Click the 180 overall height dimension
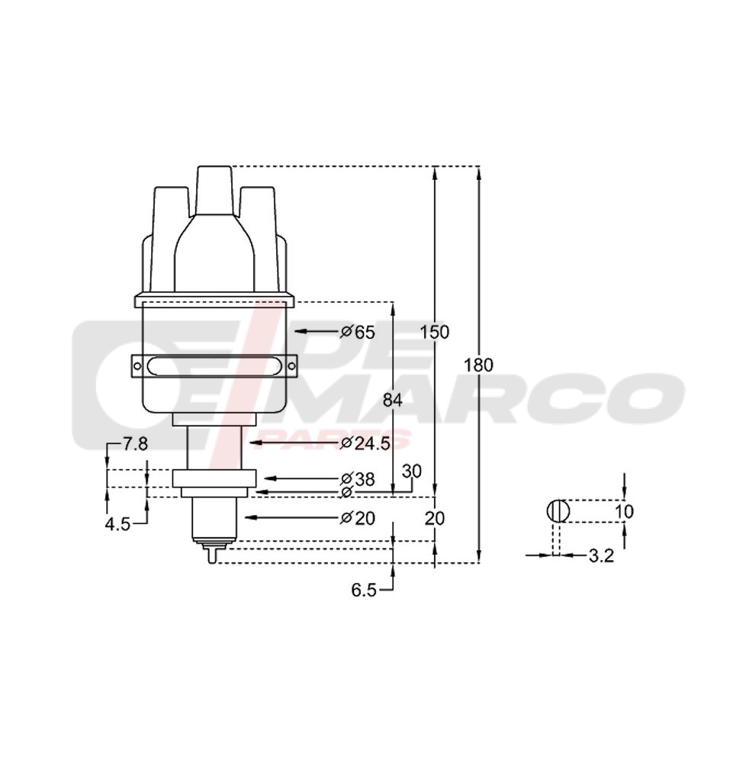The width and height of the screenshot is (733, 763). (x=478, y=365)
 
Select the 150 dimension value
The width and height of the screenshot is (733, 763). (x=435, y=332)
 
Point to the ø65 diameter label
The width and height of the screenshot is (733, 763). (x=358, y=332)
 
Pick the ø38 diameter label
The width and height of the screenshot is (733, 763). (x=358, y=479)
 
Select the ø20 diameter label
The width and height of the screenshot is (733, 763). (x=358, y=518)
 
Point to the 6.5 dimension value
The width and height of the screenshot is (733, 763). (x=364, y=590)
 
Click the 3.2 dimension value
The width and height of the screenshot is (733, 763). (x=601, y=556)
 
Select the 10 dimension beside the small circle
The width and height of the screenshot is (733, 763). (x=624, y=511)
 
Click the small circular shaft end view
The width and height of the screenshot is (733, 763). (x=558, y=511)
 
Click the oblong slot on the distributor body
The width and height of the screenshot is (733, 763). (x=213, y=366)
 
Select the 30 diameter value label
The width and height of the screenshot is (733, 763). (x=411, y=472)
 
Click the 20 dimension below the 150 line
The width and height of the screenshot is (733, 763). (x=435, y=518)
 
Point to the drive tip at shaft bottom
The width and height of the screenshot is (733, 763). (x=212, y=555)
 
